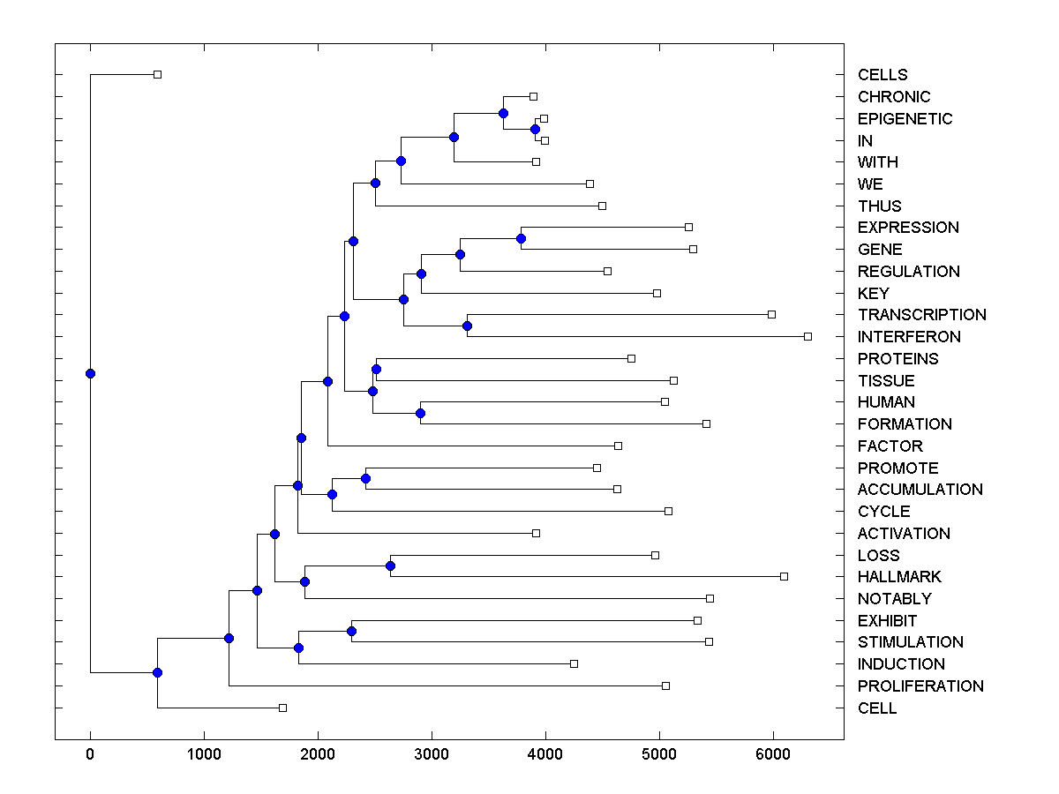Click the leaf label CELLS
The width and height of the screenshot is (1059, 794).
point(882,75)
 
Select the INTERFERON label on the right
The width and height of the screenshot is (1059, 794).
point(909,337)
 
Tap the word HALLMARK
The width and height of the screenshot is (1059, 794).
point(899,577)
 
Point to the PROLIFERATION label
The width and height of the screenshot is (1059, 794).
point(920,686)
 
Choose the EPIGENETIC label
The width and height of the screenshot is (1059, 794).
point(905,119)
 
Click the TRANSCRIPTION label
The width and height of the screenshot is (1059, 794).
point(921,315)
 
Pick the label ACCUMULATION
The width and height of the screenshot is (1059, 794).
point(920,490)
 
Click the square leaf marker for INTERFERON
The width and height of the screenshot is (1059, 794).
point(807,336)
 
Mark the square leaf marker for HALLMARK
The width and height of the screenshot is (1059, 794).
point(784,576)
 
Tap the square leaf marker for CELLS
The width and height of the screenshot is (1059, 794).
point(157,74)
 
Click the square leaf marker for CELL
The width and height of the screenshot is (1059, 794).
point(282,708)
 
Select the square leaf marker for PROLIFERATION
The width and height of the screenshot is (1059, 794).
point(665,685)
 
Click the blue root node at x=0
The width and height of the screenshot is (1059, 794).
point(90,373)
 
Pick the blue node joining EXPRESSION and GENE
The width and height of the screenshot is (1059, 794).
point(521,238)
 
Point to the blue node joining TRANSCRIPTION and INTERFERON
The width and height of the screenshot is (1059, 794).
point(467,326)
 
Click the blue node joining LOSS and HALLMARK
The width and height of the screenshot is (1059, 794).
point(390,566)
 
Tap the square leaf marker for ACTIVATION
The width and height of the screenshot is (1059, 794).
point(536,533)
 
